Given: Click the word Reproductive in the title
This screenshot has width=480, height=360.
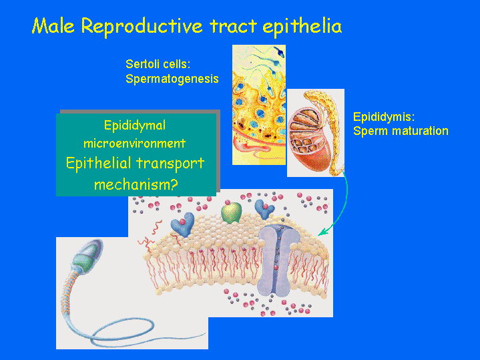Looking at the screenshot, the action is click(142, 27).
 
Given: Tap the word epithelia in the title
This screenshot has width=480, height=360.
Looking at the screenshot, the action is click(302, 27).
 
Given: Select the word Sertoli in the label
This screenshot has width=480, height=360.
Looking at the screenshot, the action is click(140, 64).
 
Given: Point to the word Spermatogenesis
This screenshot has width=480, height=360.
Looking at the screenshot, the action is click(172, 79).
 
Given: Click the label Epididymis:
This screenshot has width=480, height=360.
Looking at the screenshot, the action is click(384, 118).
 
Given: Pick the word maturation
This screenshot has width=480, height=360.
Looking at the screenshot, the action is click(420, 131).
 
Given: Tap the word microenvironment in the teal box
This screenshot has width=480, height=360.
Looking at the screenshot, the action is click(135, 143).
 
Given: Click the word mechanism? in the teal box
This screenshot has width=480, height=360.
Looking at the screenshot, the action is click(136, 184).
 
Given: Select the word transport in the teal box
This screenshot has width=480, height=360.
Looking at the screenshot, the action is click(170, 164).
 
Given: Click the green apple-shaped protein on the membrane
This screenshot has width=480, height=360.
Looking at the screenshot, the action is click(232, 212).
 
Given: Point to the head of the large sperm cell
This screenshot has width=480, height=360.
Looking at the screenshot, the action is click(88, 254).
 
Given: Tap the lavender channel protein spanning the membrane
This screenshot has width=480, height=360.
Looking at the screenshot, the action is click(278, 261).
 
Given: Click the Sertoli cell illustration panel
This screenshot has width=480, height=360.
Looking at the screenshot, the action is click(259, 105).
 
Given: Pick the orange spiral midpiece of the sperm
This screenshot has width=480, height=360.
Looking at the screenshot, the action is click(69, 291).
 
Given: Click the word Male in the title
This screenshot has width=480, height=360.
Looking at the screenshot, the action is click(53, 26).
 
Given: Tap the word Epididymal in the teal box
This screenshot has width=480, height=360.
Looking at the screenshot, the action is click(135, 126).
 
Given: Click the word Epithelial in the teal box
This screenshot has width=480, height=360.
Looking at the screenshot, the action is click(99, 163).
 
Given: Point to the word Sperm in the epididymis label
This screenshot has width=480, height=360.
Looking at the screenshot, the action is click(371, 131).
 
